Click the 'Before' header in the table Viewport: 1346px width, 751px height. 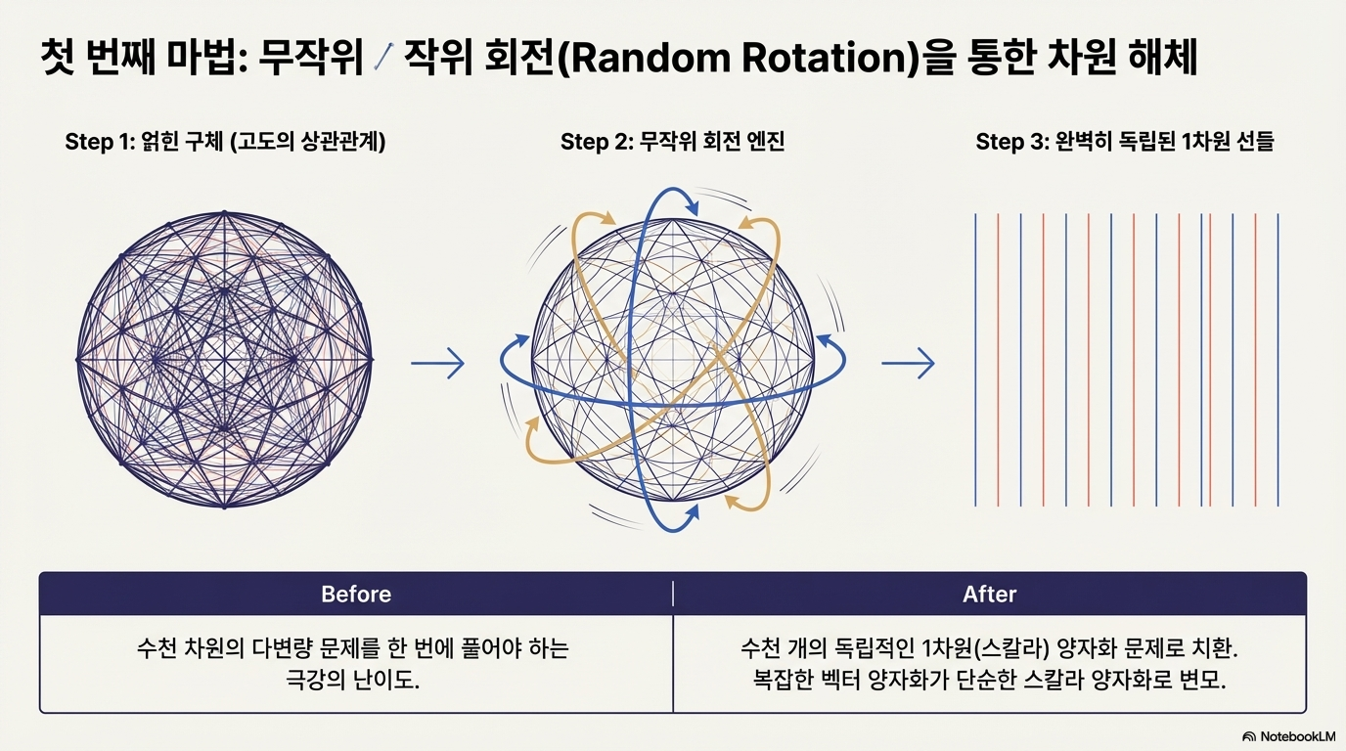coord(356,594)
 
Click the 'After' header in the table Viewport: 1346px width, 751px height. coord(989,594)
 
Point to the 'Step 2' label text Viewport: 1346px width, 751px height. coord(597,142)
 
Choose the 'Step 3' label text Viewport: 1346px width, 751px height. coord(1012,142)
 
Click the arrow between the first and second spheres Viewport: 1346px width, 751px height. coord(437,365)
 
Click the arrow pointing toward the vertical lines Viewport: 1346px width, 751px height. coord(908,365)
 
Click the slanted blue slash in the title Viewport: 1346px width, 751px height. coord(383,59)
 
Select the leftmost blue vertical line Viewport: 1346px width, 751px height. coord(975,359)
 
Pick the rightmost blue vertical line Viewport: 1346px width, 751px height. coord(1279,359)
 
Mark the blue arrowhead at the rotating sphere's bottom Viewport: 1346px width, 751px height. coord(692,512)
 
